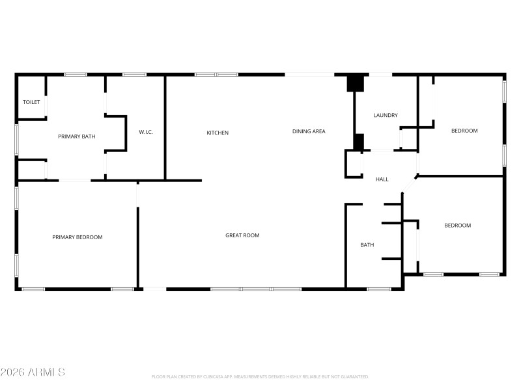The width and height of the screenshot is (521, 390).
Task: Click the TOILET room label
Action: pos(31,102)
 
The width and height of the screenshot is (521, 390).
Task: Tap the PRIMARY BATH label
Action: pos(77,136)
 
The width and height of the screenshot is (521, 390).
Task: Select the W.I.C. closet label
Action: pos(146,133)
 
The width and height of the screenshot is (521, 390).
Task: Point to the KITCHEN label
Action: pos(218,133)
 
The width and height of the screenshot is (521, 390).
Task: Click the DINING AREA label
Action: pos(309,131)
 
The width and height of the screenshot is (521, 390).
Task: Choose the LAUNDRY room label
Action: pos(386,115)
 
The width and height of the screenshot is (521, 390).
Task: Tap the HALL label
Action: pos(382,179)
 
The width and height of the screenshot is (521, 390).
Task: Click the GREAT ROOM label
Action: pos(242,235)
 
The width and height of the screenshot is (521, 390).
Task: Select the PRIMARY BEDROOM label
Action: pos(77,237)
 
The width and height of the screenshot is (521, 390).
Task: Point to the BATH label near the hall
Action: pos(367,245)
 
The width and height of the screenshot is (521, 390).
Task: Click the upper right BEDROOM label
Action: pos(464,131)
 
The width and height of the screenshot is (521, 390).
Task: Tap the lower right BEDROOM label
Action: pos(457,226)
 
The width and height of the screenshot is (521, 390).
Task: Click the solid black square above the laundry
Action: pos(355,83)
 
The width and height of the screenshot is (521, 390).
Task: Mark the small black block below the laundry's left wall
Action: pos(358,142)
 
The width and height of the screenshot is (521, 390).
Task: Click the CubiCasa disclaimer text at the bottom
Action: pos(260,376)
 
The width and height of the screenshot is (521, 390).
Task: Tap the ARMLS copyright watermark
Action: pos(33,372)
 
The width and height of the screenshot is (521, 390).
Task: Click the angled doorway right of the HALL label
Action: pos(410,183)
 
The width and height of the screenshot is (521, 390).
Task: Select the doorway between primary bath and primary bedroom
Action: pos(75,180)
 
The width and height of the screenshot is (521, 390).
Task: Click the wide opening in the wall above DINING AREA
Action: pos(309,74)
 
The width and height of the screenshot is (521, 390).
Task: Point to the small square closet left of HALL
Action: pos(354,164)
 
